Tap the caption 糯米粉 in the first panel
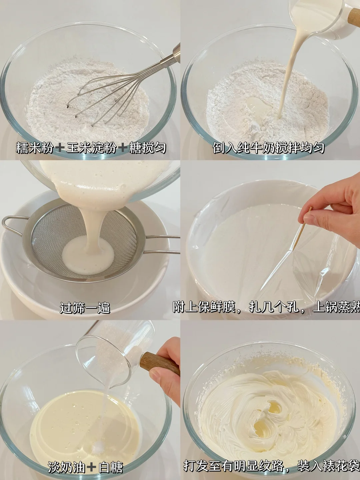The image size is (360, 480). [x=35, y=148]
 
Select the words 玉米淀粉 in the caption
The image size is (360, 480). [x=91, y=148]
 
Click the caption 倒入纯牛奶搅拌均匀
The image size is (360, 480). [x=268, y=148]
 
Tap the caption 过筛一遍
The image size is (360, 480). [x=85, y=308]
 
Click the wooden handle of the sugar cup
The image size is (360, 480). [x=160, y=366]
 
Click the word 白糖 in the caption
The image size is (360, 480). [x=110, y=468]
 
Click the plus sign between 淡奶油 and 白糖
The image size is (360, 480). [x=91, y=468]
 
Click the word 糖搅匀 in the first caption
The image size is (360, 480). [x=147, y=148]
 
